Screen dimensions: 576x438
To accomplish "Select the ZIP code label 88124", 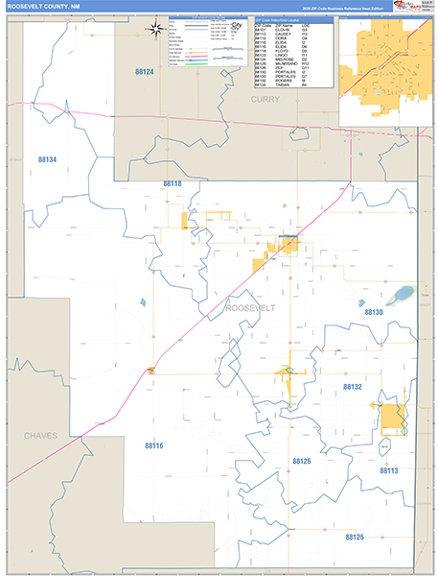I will tap(145, 72).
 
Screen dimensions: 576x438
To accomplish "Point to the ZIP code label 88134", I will tap(47, 159).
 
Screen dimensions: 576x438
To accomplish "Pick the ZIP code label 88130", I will tap(374, 312).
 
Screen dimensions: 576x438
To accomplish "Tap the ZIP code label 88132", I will tap(353, 386).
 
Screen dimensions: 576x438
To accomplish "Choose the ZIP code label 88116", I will tap(154, 445).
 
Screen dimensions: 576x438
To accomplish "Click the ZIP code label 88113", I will tap(388, 470).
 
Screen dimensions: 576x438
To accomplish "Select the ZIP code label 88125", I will tap(356, 537).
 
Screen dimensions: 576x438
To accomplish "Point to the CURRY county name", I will tap(265, 99).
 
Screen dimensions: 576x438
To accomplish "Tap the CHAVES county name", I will tap(40, 435).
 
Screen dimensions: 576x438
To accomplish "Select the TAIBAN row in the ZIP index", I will tap(283, 84).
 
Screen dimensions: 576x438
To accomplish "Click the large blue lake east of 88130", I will tap(403, 293).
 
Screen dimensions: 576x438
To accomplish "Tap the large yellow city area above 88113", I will tap(391, 415).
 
